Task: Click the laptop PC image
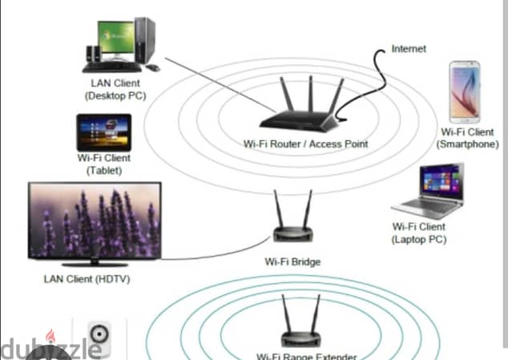429,192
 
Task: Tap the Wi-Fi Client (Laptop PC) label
418,233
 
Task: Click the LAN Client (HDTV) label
87,278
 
